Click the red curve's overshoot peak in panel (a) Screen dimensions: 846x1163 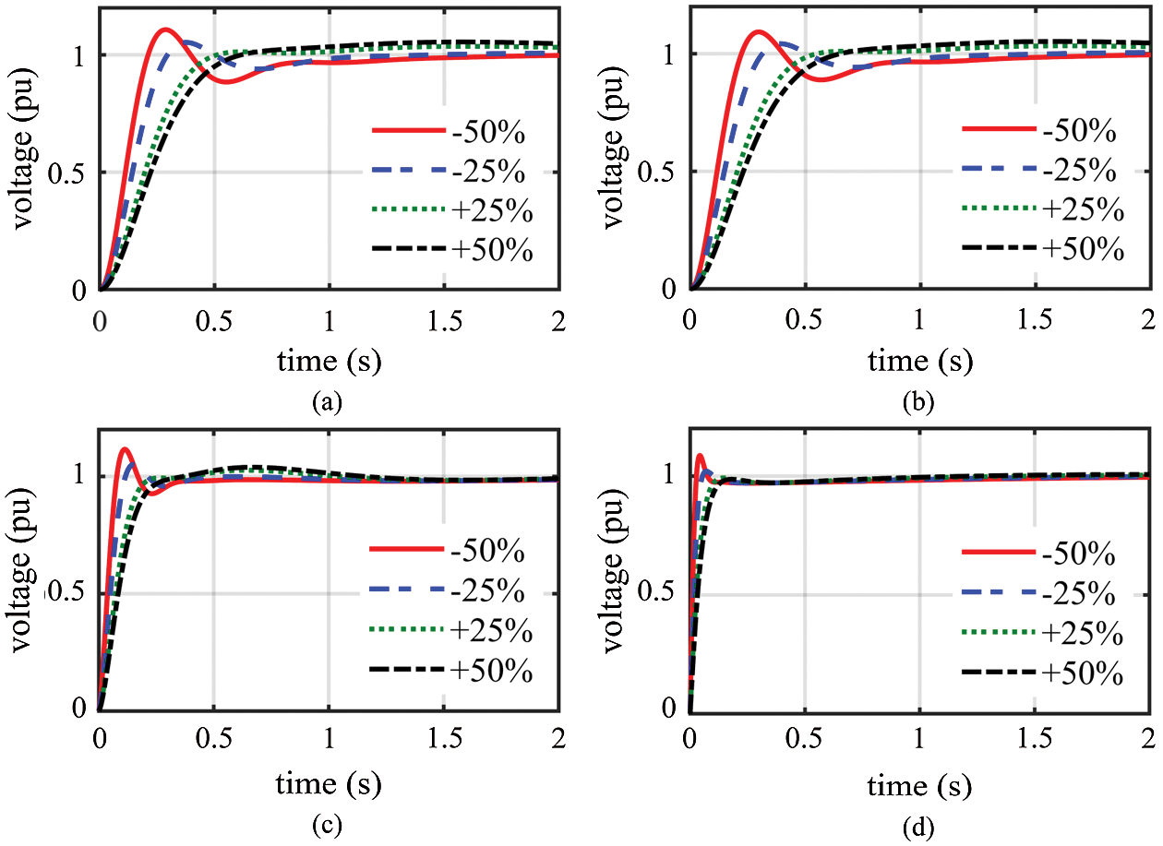166,30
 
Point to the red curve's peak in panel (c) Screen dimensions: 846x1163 124,449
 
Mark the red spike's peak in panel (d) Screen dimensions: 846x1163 700,455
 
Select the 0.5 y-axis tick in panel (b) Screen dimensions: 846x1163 661,172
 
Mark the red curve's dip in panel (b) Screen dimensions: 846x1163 820,80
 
